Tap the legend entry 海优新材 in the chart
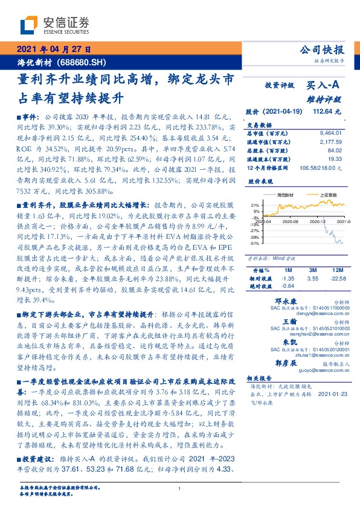tap(286, 195)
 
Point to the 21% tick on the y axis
tap(256, 205)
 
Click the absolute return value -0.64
tap(288, 286)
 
